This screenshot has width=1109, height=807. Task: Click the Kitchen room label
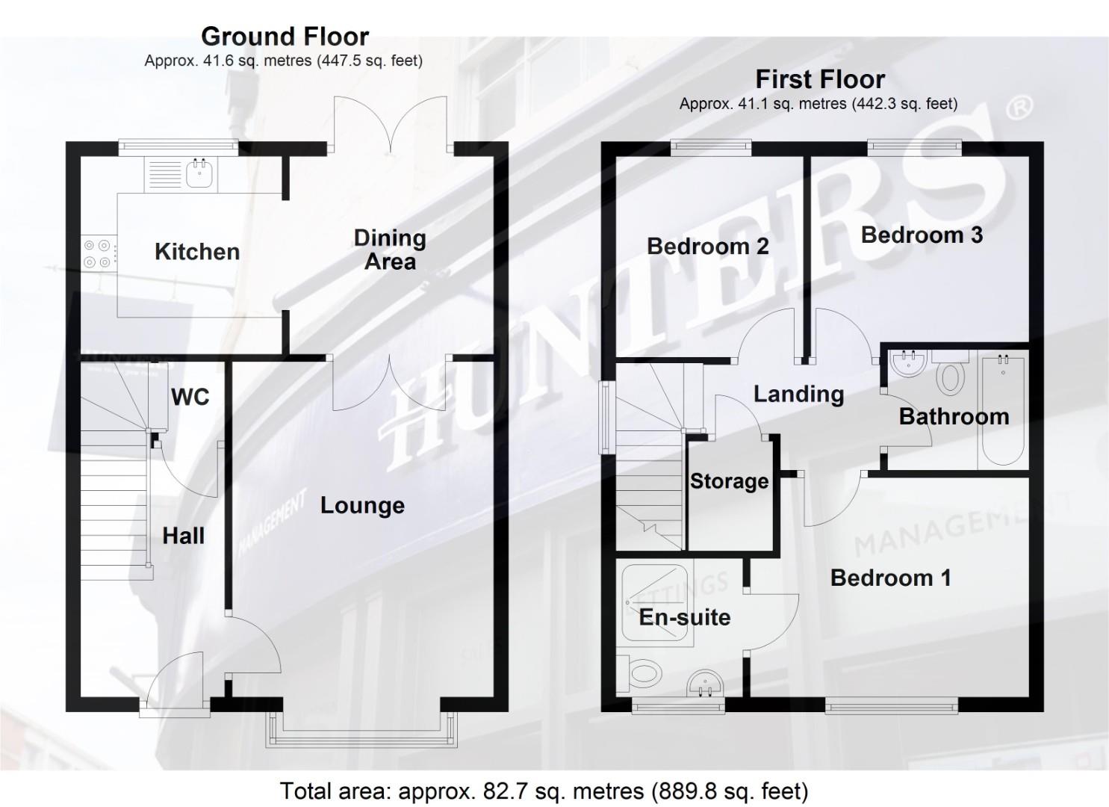(197, 252)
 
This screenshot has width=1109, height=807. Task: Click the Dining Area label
(390, 250)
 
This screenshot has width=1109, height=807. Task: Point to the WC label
(190, 397)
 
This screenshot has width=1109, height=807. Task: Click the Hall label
(183, 536)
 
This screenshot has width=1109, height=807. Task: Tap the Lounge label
(362, 505)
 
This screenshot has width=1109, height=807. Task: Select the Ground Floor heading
(285, 36)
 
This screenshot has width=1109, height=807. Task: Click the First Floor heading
(819, 78)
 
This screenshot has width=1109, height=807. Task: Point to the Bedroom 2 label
(707, 246)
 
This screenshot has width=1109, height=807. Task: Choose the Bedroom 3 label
(921, 235)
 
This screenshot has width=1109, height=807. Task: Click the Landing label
(798, 394)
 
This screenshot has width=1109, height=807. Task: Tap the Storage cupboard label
(729, 480)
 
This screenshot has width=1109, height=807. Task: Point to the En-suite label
(684, 617)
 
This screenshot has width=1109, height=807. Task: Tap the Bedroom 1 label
(890, 578)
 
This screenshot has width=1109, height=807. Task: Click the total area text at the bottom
(544, 791)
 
